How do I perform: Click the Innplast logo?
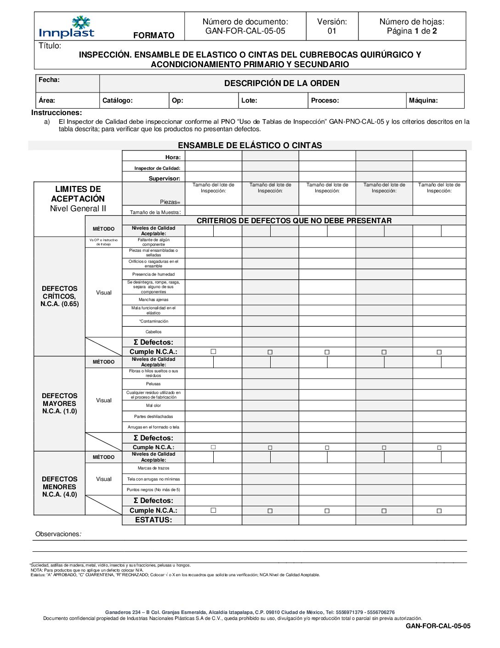[67, 27]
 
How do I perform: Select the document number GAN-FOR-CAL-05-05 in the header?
[245, 31]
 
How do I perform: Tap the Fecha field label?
[49, 80]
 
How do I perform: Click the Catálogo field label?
[118, 100]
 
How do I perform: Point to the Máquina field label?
[423, 100]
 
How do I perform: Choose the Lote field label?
[250, 100]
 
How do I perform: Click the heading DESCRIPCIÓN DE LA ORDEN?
[282, 83]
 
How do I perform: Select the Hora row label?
[173, 157]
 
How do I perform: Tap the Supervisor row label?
[164, 178]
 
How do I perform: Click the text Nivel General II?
[78, 208]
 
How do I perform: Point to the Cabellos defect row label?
[153, 332]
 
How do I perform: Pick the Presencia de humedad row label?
[153, 274]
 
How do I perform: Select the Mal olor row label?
[153, 405]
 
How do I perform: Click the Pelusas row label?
[153, 384]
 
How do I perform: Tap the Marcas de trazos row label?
[153, 468]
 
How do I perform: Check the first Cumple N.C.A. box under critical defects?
[213, 352]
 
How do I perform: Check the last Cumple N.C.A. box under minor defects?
[439, 511]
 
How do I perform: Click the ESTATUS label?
[153, 520]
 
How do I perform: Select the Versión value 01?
[332, 31]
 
